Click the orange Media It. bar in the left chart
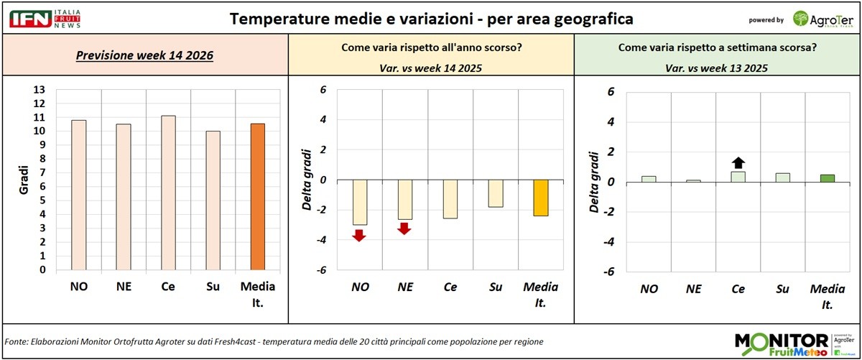tap(257, 197)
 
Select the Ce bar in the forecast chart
tap(168, 193)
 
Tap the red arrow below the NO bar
tap(360, 234)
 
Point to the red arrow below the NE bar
tap(404, 229)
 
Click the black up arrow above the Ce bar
tap(738, 163)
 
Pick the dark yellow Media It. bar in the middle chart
tap(540, 198)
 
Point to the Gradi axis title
tap(24, 180)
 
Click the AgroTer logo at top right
tap(823, 19)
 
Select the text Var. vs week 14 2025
tap(431, 68)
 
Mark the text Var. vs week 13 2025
tap(718, 68)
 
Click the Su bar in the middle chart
tap(496, 193)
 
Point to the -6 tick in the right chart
tap(611, 272)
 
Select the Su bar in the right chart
tap(783, 177)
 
